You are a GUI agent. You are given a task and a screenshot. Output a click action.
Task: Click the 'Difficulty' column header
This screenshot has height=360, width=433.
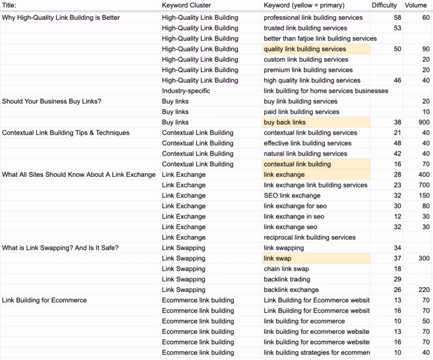(384, 5)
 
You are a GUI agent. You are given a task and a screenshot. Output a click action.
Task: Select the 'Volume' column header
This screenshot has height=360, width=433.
(416, 5)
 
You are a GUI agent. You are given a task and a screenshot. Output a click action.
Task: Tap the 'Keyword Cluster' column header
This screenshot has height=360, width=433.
(186, 5)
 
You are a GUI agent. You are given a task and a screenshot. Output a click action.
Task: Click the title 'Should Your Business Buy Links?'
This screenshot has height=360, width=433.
(52, 101)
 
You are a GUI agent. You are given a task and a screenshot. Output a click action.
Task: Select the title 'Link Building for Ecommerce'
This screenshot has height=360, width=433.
(44, 300)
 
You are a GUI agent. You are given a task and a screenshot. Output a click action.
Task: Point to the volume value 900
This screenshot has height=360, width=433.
(423, 122)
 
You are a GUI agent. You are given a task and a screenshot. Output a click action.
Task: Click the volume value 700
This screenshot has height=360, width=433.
(423, 185)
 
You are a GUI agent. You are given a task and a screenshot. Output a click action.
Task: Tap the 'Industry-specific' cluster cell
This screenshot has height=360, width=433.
(186, 91)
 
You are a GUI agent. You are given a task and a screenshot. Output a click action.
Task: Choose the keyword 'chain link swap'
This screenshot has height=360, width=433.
(286, 269)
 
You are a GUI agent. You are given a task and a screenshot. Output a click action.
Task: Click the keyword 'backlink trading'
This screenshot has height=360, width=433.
(287, 279)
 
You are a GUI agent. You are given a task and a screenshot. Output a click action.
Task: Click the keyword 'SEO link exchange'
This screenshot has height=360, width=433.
(292, 196)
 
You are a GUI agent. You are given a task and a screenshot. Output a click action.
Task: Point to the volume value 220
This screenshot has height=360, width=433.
(423, 290)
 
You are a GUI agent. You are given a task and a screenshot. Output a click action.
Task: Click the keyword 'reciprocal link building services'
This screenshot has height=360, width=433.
(310, 237)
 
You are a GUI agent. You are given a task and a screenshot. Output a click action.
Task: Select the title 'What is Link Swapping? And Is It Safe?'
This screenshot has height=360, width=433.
(60, 248)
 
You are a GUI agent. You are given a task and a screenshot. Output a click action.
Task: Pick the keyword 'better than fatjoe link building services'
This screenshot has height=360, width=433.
(320, 38)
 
